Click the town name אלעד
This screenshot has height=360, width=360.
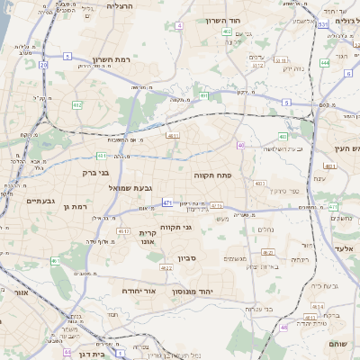(345, 247)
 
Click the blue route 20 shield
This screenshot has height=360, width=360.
(43, 65)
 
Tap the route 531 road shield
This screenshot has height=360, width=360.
(322, 25)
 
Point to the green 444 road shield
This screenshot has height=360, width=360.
(324, 64)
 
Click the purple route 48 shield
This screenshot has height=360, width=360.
(284, 328)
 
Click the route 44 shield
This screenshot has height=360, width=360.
(67, 353)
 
